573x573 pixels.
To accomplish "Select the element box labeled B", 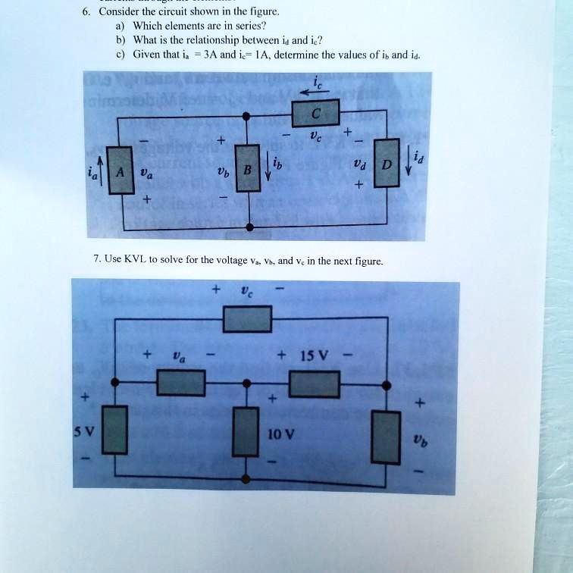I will pos(246,172).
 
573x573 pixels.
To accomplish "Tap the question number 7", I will pos(96,259).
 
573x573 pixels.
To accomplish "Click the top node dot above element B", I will pos(246,115).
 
